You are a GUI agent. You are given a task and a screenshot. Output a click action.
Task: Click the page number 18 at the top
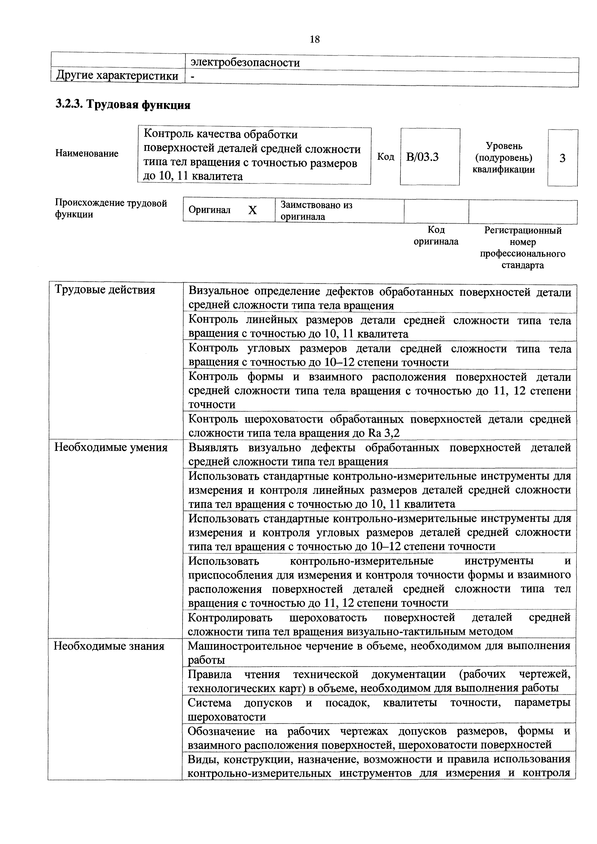315,39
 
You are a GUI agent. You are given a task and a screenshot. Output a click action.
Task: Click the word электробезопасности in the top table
244,63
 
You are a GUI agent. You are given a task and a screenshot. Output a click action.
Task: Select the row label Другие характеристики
117,76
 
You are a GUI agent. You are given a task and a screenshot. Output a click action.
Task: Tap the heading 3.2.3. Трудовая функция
123,105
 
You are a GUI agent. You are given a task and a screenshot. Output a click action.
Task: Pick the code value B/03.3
422,157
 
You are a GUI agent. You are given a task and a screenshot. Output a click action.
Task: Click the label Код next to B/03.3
385,157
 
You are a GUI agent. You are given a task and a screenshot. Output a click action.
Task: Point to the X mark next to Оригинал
252,210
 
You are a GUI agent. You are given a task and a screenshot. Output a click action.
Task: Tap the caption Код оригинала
436,236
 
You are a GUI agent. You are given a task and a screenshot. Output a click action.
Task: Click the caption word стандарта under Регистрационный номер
522,265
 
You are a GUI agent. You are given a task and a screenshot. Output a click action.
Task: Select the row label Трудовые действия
105,290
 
